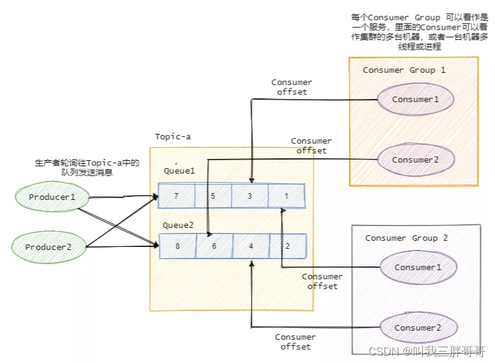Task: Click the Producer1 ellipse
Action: point(52,197)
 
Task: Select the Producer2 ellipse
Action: point(48,247)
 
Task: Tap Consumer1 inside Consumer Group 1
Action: point(416,99)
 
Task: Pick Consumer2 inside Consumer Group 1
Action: point(416,159)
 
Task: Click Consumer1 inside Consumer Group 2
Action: point(418,267)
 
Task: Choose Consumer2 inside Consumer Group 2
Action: point(418,328)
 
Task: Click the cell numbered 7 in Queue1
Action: point(177,196)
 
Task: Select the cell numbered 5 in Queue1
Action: point(213,196)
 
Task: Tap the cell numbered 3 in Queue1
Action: point(250,196)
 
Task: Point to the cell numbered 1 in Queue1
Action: point(286,196)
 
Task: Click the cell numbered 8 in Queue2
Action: point(177,246)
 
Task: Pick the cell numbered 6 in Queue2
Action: point(214,246)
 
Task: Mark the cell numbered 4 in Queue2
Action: point(251,246)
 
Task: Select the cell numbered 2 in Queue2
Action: point(287,246)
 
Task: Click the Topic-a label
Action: point(172,136)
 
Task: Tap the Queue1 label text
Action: point(179,171)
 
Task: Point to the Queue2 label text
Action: point(178,225)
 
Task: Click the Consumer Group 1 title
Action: point(404,70)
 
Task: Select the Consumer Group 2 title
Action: point(406,238)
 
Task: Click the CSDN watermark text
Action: point(427,351)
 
